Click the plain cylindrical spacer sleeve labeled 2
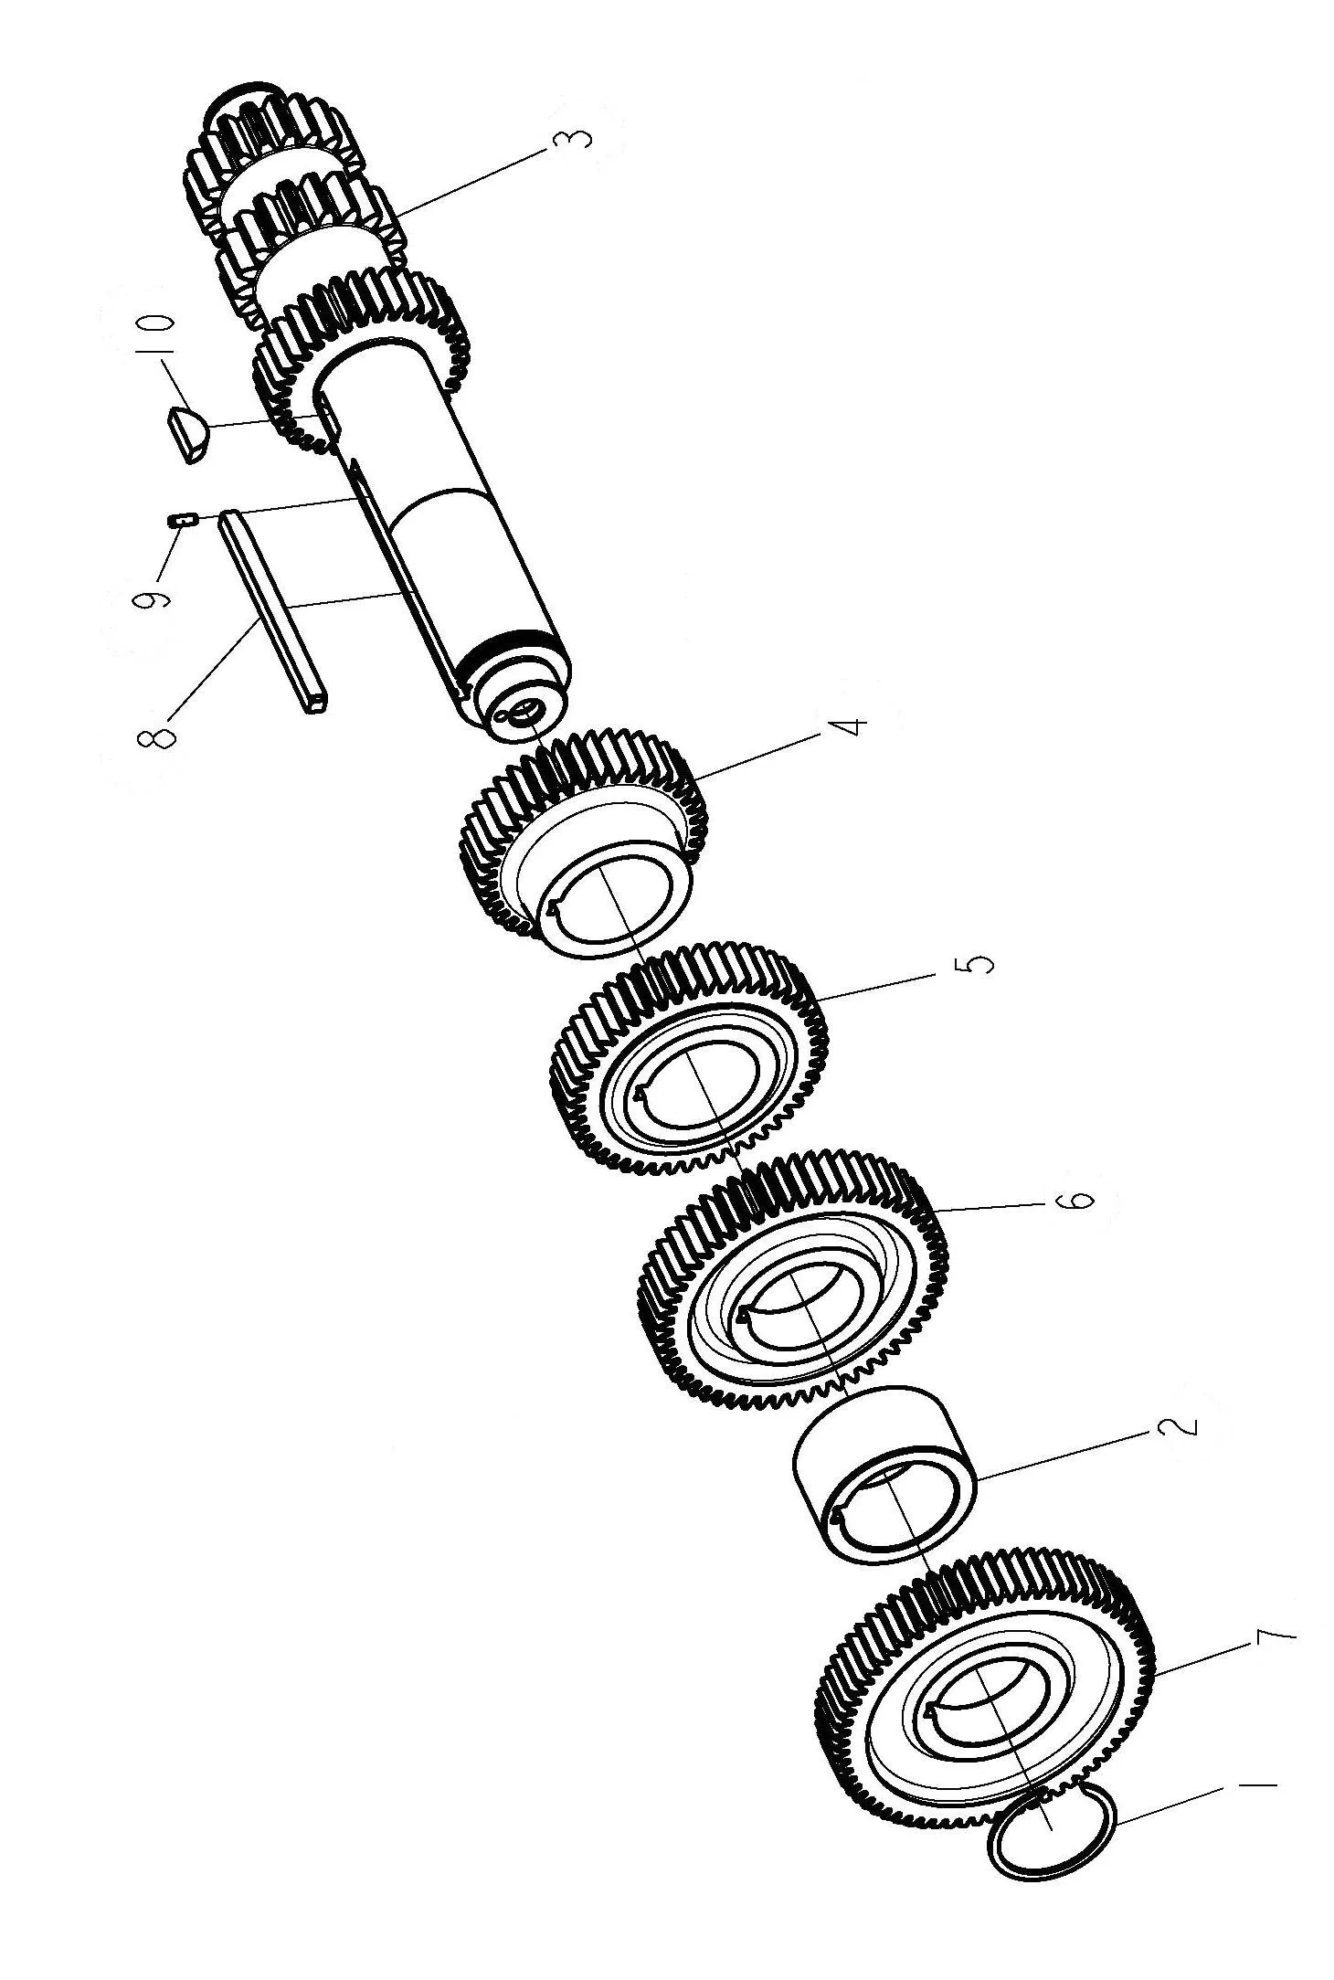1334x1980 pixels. pos(883,1471)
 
